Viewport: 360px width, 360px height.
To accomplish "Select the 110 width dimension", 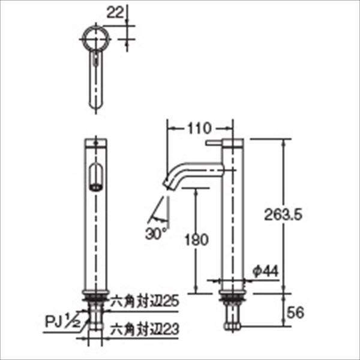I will (198, 128).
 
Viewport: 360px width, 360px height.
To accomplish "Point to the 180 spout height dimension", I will (196, 240).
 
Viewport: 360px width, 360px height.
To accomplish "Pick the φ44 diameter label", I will (265, 272).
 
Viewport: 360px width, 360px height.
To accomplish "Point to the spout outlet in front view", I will (94, 178).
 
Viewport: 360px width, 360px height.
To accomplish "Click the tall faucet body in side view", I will (231, 228).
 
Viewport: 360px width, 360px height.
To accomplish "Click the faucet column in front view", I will (94, 240).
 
